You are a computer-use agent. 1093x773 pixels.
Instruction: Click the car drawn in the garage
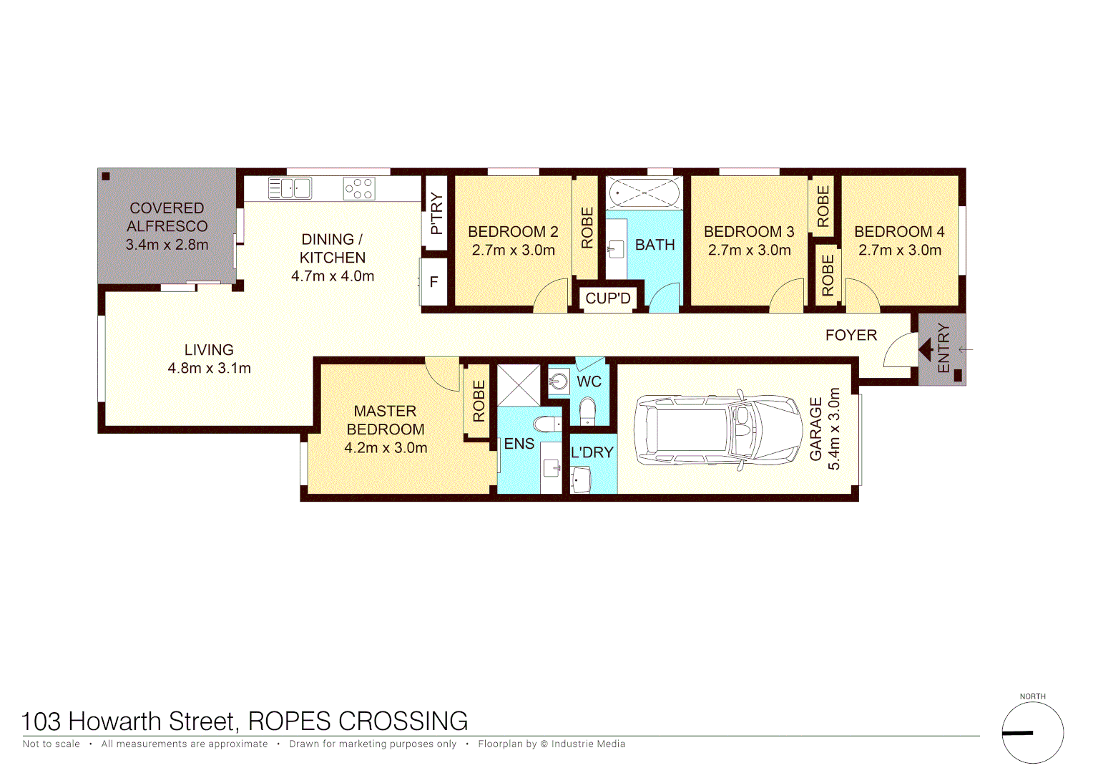[718, 430]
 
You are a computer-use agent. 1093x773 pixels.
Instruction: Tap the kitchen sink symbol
[290, 188]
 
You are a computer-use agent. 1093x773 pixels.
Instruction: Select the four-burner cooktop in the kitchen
[359, 188]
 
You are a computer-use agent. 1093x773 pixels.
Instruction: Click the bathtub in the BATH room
[644, 193]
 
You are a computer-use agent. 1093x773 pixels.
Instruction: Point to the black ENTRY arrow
[926, 350]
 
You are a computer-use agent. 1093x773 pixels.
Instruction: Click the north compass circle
[1032, 732]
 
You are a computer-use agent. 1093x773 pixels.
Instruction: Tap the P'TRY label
[436, 213]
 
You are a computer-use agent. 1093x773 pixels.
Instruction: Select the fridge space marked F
[433, 283]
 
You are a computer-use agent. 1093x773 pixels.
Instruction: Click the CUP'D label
[608, 298]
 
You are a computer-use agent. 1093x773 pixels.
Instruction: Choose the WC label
[589, 382]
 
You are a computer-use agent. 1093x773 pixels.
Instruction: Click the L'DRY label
[592, 452]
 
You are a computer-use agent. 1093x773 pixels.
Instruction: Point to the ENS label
[519, 444]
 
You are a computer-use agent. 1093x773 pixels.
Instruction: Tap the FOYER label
[851, 335]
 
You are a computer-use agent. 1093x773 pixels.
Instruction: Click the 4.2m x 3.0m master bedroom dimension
[386, 448]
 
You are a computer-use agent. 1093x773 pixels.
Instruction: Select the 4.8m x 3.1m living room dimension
[209, 369]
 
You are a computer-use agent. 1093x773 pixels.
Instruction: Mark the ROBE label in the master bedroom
[479, 400]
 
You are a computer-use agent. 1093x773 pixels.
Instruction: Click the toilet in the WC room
[587, 411]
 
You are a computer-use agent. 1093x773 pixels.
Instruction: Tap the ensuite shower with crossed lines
[519, 385]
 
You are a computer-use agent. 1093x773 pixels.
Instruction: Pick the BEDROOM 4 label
[899, 232]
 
